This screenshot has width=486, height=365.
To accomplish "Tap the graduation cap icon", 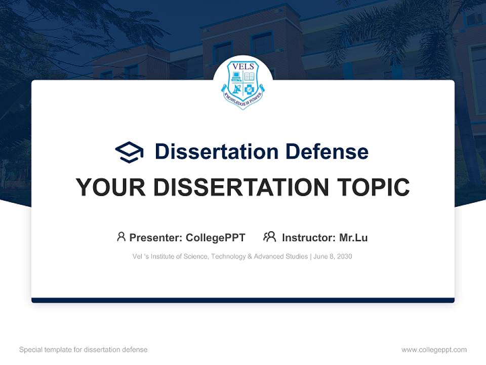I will point(129,152).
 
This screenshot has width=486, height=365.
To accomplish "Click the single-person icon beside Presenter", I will point(121,237).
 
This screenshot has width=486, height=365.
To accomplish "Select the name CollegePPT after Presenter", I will point(216,238).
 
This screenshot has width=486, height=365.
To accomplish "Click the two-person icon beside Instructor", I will point(269,237).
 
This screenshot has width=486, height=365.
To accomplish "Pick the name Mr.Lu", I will point(353,238).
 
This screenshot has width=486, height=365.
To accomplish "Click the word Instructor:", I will point(308,238).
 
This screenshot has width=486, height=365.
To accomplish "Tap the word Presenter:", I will point(156,238).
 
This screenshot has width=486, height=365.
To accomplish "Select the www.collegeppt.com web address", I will point(434,350).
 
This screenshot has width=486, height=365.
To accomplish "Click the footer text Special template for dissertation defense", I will point(84,350).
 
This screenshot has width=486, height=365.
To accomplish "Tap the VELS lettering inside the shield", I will point(243,66).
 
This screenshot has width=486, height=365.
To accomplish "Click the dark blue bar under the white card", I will point(243,300).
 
